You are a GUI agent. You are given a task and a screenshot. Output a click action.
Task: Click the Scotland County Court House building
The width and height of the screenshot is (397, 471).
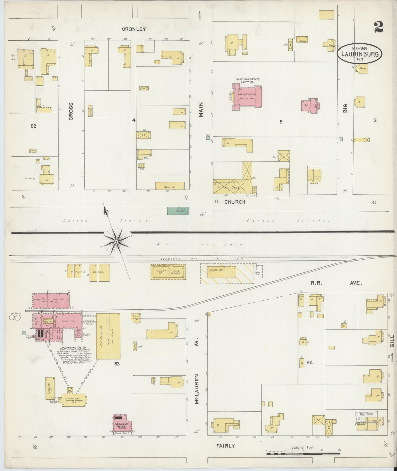click(247, 98)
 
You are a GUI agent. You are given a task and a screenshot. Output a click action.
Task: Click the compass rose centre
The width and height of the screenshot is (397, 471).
click(116, 241)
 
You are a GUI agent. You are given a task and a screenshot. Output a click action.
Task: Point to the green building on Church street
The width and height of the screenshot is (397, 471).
click(178, 210)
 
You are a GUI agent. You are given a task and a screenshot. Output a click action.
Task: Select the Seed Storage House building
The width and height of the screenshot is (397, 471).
click(108, 336)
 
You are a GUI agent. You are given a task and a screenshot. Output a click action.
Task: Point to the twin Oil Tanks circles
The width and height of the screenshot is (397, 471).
click(15, 318)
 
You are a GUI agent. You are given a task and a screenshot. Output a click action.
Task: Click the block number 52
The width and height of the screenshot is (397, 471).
click(34, 126)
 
